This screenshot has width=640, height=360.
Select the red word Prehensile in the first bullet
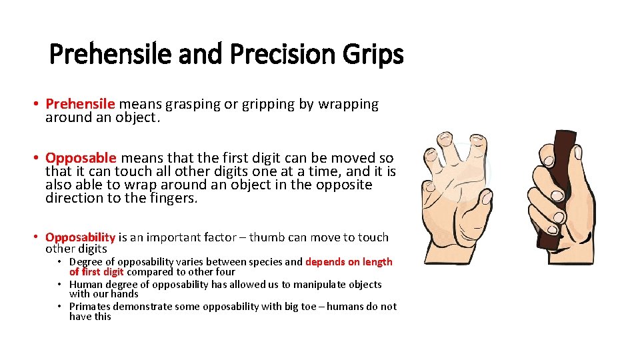(x=80, y=104)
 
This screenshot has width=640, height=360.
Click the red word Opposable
(x=81, y=158)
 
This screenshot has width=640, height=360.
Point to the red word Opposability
(x=80, y=237)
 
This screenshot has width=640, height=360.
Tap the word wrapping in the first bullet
(x=348, y=104)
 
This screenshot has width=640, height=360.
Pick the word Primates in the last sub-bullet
(x=90, y=307)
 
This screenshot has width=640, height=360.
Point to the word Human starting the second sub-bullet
(x=85, y=285)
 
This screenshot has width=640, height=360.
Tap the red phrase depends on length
(x=349, y=262)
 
